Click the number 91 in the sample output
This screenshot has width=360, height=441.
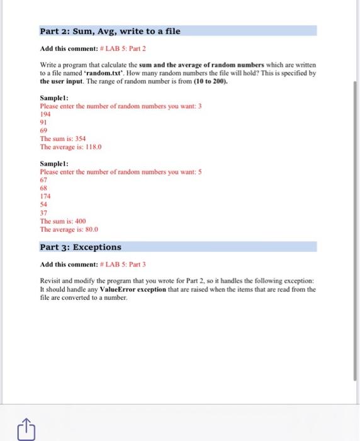point(43,123)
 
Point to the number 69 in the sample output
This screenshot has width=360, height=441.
point(43,131)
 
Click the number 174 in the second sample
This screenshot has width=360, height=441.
point(45,197)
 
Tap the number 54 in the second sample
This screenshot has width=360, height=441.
point(43,205)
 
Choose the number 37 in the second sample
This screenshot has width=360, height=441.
point(43,213)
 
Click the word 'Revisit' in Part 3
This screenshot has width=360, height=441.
point(51,281)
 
